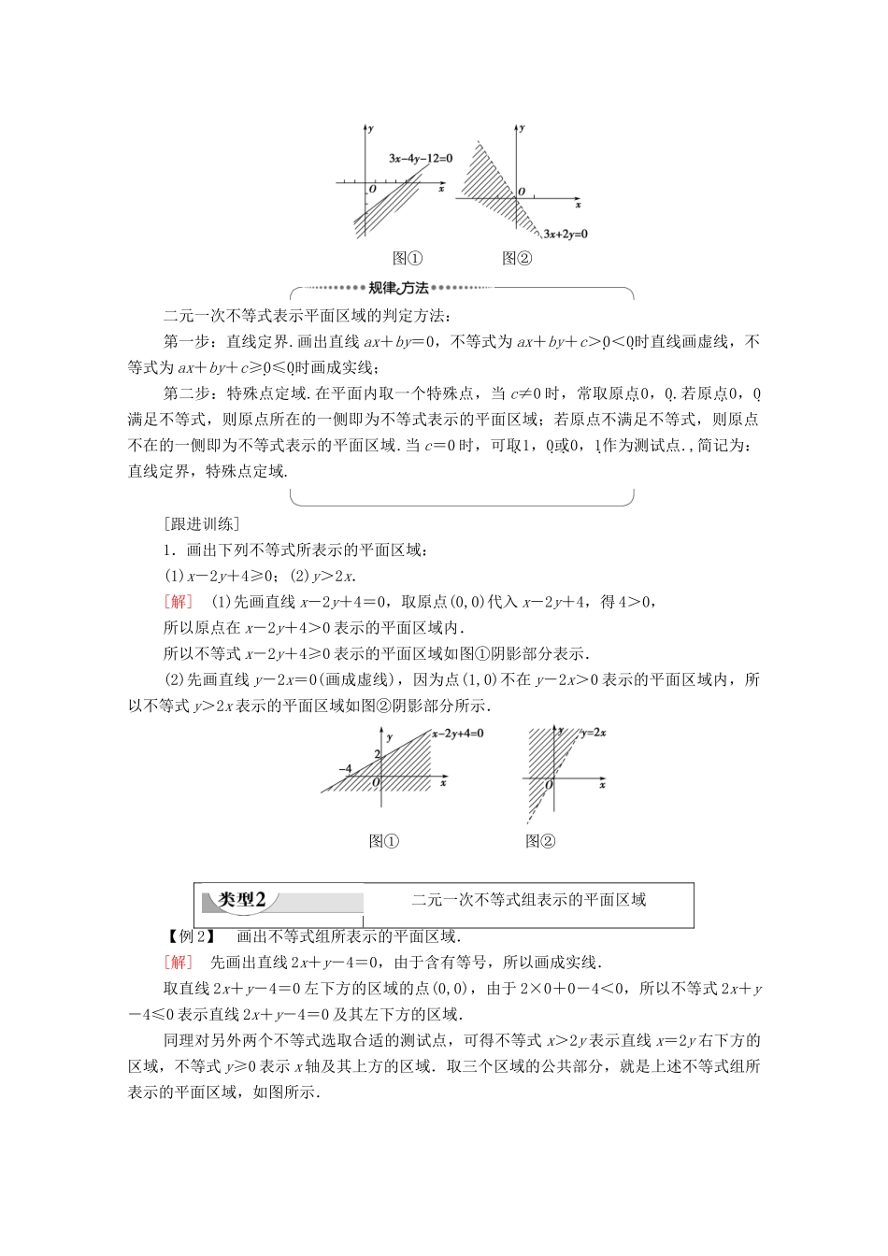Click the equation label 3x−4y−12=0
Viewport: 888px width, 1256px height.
click(421, 159)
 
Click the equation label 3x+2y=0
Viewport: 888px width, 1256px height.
click(566, 234)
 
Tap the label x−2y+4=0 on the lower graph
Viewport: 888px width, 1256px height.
click(457, 734)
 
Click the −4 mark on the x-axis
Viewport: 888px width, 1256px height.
click(346, 768)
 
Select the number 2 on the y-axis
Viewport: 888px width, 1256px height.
click(377, 754)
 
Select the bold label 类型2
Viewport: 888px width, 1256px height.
click(242, 900)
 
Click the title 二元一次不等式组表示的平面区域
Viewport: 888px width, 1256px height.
click(529, 900)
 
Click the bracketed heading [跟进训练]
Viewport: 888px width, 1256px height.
click(201, 523)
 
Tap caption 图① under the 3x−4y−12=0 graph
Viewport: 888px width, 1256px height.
click(408, 259)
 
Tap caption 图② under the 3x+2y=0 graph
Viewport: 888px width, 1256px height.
click(516, 259)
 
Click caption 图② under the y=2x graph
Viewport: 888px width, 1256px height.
click(540, 841)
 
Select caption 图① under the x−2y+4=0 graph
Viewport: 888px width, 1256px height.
click(384, 841)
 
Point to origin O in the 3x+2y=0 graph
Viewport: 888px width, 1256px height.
click(521, 192)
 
